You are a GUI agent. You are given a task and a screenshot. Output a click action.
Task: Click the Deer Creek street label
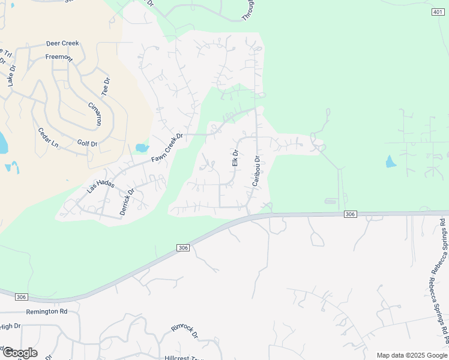tap(62, 44)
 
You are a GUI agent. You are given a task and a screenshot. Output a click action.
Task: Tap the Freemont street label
tap(59, 58)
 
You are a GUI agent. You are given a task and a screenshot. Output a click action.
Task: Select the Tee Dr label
tap(106, 87)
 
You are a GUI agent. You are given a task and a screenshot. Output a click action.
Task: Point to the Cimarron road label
tap(95, 113)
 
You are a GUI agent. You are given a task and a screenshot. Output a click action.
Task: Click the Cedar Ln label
tap(49, 138)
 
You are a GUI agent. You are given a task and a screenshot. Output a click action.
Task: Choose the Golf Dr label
tap(87, 143)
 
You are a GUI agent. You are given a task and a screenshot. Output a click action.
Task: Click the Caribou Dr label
tap(256, 171)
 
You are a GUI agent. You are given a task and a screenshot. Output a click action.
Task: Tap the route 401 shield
tap(438, 12)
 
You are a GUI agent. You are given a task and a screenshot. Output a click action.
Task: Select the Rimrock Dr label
tap(184, 331)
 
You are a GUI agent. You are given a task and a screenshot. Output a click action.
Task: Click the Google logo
tap(20, 353)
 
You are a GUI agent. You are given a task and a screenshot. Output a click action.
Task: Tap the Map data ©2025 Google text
tap(411, 355)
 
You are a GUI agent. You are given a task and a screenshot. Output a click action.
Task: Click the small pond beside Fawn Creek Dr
tap(142, 148)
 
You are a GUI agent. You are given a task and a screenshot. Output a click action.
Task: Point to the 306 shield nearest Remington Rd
tap(21, 297)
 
